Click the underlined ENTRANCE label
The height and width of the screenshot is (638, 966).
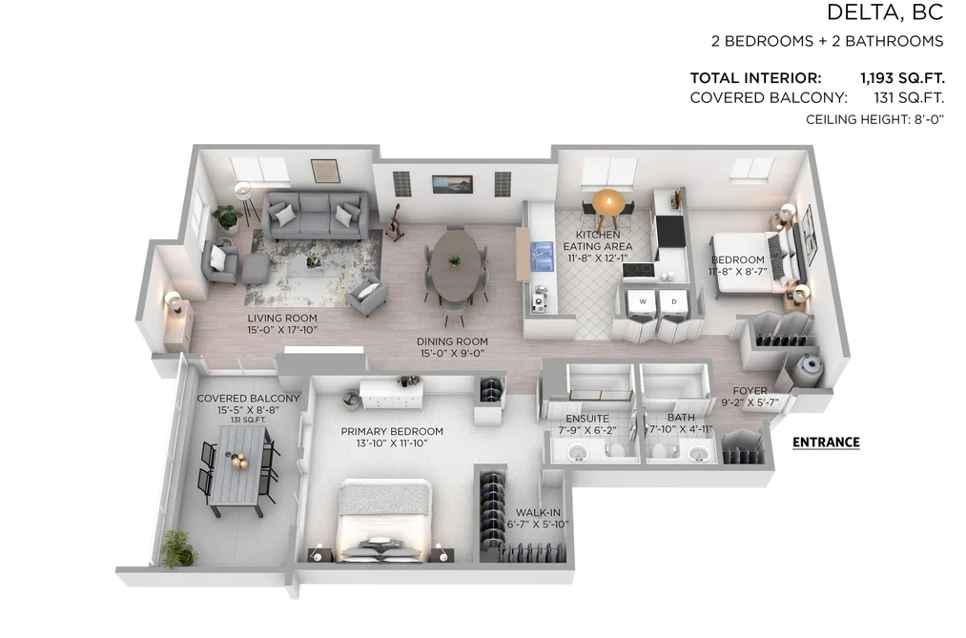tap(826, 442)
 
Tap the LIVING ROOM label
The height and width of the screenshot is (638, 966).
tap(282, 319)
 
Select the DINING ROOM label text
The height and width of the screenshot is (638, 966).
tap(452, 341)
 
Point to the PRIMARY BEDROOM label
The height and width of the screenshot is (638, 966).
tap(392, 432)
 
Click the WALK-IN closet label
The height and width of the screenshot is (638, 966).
tap(538, 512)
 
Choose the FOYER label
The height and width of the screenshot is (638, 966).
tap(750, 391)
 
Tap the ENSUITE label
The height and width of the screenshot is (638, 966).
tap(587, 419)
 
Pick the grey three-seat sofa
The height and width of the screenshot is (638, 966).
tap(316, 216)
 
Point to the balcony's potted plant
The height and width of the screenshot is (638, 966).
tap(179, 548)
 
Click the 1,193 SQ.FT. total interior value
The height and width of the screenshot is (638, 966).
tap(902, 78)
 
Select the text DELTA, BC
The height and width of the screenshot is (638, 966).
tap(885, 12)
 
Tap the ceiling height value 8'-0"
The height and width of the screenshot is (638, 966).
tap(929, 119)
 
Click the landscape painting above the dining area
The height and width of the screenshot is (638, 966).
tap(452, 184)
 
